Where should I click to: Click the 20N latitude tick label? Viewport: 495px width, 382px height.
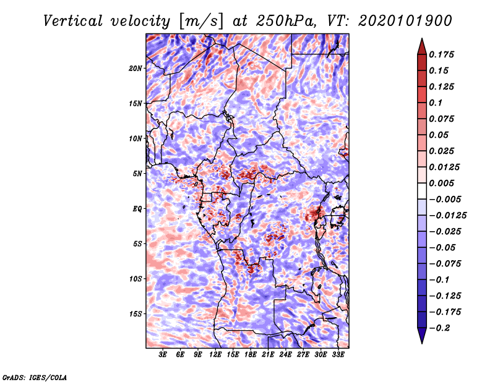click(x=136, y=69)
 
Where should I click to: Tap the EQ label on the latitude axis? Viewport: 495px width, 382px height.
click(x=137, y=209)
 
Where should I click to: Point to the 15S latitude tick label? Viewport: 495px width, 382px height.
click(x=136, y=314)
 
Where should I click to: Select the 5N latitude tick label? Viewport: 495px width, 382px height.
click(x=137, y=174)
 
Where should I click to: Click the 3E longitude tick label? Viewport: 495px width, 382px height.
click(x=163, y=355)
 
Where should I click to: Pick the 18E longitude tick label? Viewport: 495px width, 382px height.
click(x=251, y=355)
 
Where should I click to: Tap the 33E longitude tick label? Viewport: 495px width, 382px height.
click(x=338, y=355)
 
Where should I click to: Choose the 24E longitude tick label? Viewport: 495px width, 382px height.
click(x=285, y=355)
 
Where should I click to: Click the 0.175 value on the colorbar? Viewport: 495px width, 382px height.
click(x=441, y=54)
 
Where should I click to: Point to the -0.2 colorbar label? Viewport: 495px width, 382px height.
click(x=439, y=328)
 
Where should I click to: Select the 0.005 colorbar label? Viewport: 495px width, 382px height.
click(x=441, y=183)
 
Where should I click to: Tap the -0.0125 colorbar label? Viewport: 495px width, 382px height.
click(x=447, y=216)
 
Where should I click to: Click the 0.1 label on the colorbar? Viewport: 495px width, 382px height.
click(x=436, y=103)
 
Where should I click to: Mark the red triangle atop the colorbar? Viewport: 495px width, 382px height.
click(x=422, y=46)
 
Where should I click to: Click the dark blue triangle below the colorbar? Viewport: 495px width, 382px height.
click(x=422, y=336)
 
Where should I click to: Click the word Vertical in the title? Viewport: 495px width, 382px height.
click(x=72, y=21)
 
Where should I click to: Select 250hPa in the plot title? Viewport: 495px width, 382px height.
click(x=285, y=21)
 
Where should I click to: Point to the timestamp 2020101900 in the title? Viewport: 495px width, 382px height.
click(x=405, y=21)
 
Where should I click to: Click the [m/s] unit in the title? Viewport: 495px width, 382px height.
click(x=200, y=21)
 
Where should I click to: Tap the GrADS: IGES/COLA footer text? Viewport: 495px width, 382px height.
click(x=35, y=377)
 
